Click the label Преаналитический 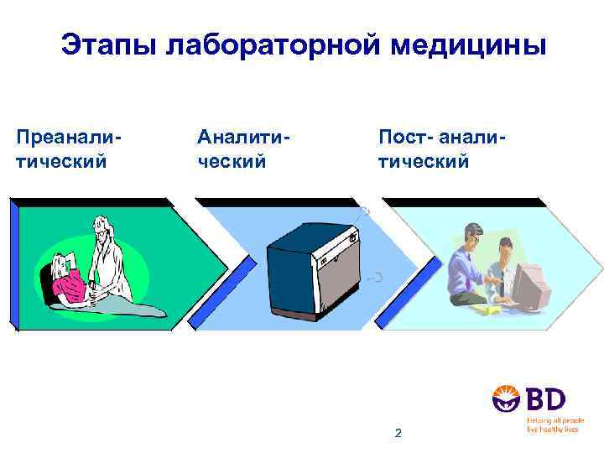[x=69, y=148]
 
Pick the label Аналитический [x=243, y=148]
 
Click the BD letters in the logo [x=544, y=398]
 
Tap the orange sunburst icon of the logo [x=508, y=399]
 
